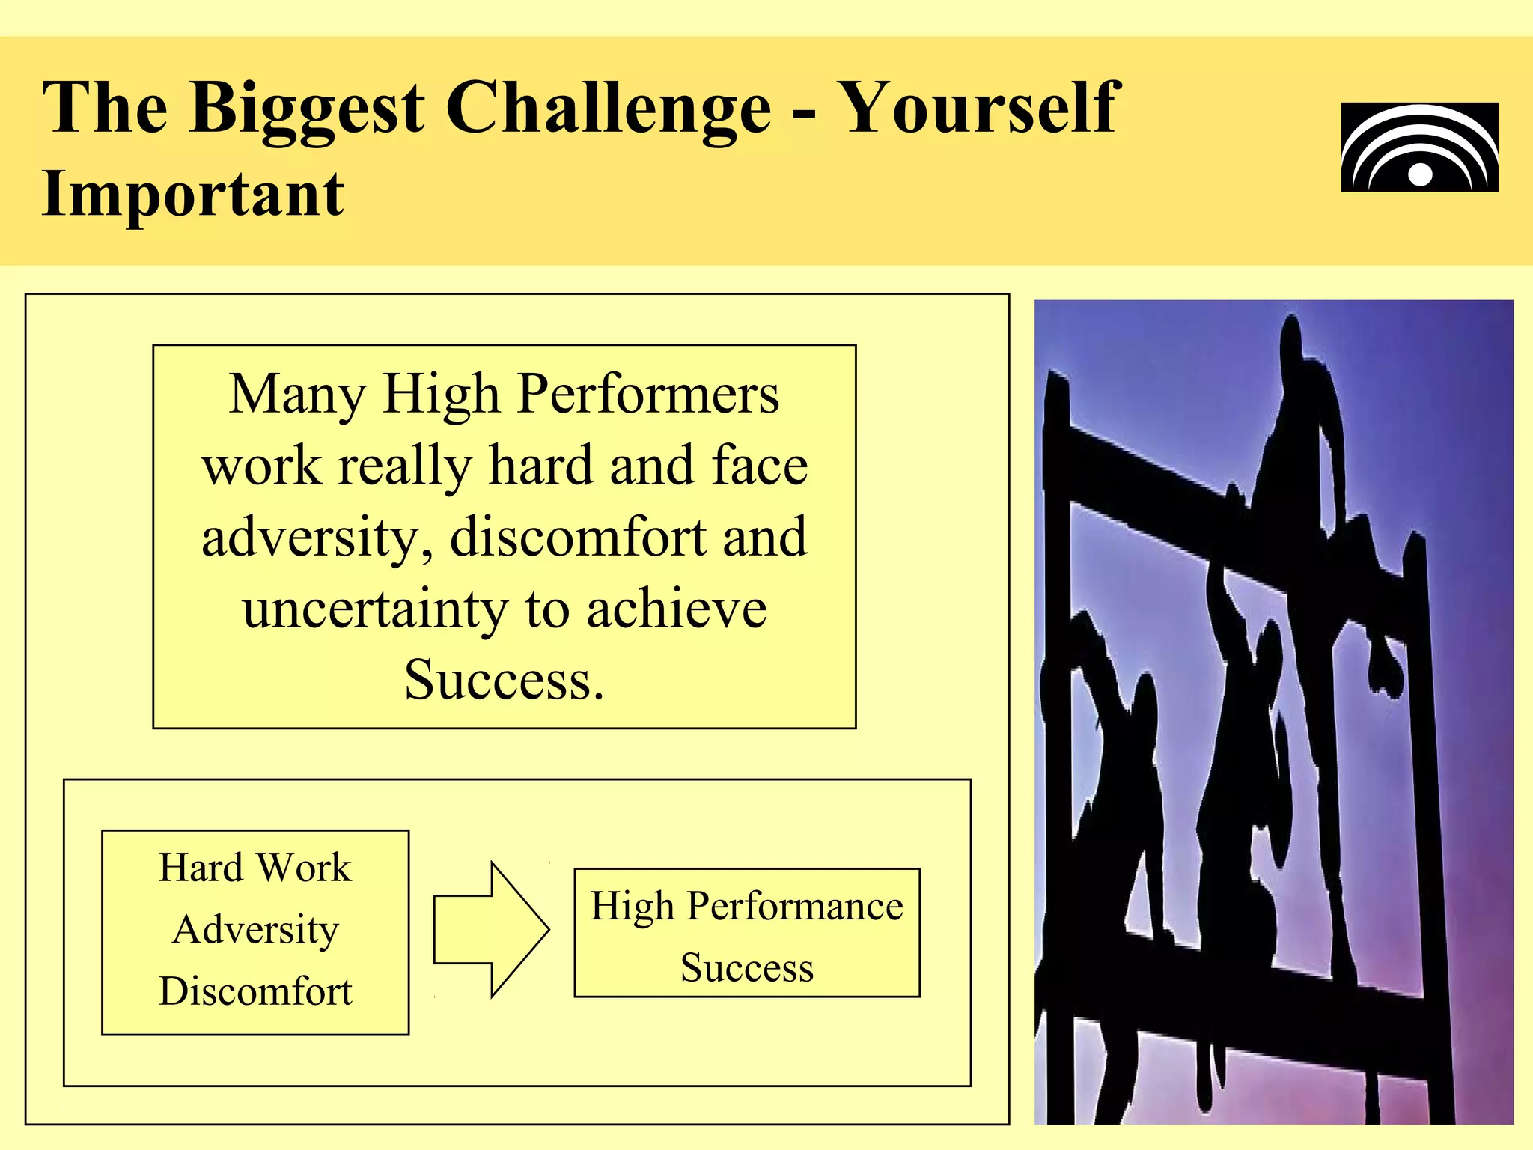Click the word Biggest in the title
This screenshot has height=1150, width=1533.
307,109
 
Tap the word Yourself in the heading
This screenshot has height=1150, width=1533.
979,109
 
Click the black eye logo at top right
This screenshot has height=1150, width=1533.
1419,147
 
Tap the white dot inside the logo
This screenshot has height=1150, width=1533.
1420,175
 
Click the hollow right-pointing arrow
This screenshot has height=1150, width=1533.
492,930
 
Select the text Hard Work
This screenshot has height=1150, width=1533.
255,868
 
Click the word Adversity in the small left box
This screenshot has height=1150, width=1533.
255,930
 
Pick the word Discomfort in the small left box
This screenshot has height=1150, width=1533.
255,991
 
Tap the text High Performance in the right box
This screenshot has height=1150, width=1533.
746,907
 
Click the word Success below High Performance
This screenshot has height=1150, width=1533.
746,967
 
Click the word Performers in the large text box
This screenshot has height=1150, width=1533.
648,395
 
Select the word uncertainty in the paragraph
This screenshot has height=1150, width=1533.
375,609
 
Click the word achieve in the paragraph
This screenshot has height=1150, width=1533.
676,609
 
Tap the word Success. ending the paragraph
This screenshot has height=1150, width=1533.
504,680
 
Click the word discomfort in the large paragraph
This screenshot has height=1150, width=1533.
577,538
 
